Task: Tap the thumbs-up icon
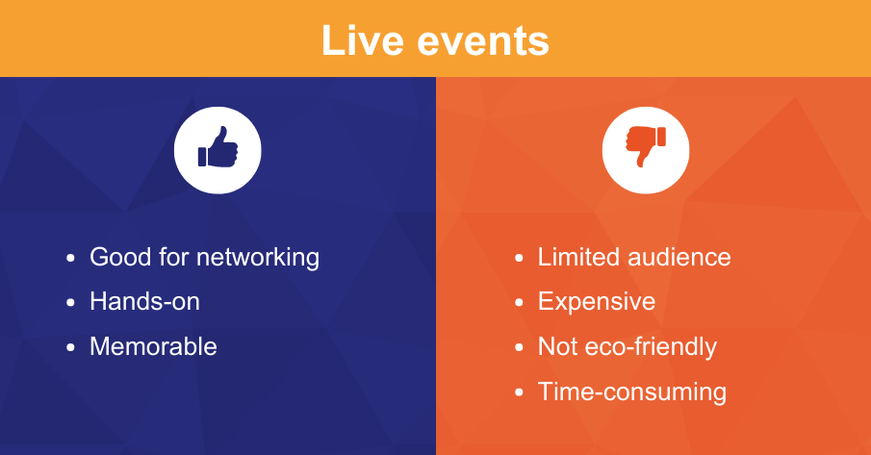[218, 150]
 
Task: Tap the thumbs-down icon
[647, 147]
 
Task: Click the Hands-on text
[144, 301]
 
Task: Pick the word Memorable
[153, 346]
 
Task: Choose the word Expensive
[596, 301]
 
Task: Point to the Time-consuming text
[631, 392]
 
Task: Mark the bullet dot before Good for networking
[70, 259]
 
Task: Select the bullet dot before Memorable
[70, 347]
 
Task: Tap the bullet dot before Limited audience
[519, 259]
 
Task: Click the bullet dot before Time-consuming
[519, 392]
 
